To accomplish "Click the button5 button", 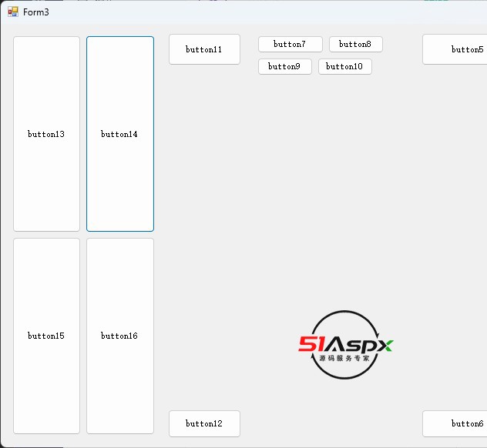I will (456, 49).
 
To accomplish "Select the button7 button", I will (290, 45).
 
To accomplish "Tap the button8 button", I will (355, 45).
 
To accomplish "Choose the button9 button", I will (284, 67).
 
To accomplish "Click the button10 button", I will (344, 67).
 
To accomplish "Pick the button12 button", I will (204, 423).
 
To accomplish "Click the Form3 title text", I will (36, 12).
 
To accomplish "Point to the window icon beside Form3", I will (13, 12).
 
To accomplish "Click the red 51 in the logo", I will (313, 345).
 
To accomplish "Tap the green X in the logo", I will (385, 345).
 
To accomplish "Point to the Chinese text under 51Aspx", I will (344, 359).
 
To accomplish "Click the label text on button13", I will (46, 135).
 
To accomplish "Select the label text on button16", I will (119, 336).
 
